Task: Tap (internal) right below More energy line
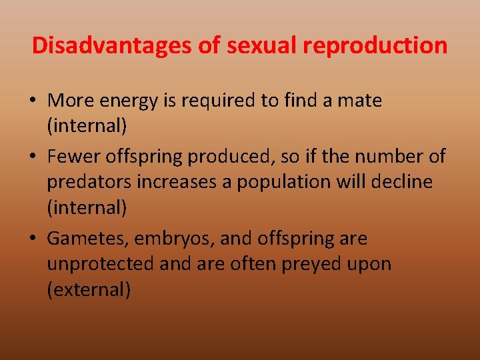click(87, 127)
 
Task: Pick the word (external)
click(89, 290)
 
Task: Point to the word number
click(389, 156)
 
